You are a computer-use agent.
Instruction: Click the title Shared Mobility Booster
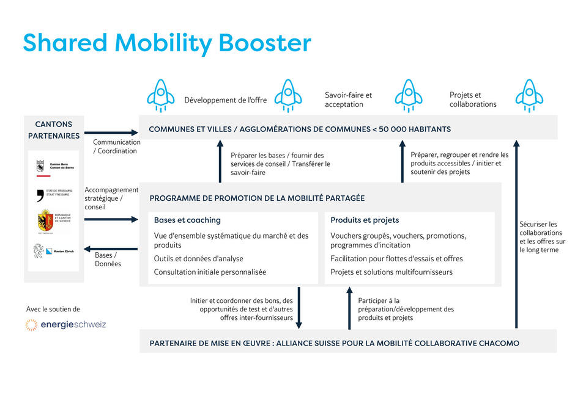(166, 43)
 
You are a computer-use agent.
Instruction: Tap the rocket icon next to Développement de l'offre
(161, 96)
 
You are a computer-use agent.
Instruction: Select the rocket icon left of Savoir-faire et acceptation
(287, 96)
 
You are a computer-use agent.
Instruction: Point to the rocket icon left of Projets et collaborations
(408, 96)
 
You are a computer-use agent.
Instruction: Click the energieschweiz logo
(65, 325)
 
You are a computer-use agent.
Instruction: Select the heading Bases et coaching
(187, 220)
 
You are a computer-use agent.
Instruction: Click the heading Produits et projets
(365, 220)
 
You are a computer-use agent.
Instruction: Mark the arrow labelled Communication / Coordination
(111, 132)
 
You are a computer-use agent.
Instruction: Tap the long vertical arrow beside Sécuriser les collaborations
(516, 234)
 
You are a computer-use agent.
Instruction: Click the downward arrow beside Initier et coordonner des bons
(299, 308)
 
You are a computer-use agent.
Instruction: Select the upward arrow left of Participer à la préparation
(343, 308)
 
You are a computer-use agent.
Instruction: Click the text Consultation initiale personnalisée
(210, 272)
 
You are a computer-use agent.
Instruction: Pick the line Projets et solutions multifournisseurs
(391, 272)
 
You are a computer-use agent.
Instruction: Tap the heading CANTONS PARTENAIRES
(54, 130)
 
